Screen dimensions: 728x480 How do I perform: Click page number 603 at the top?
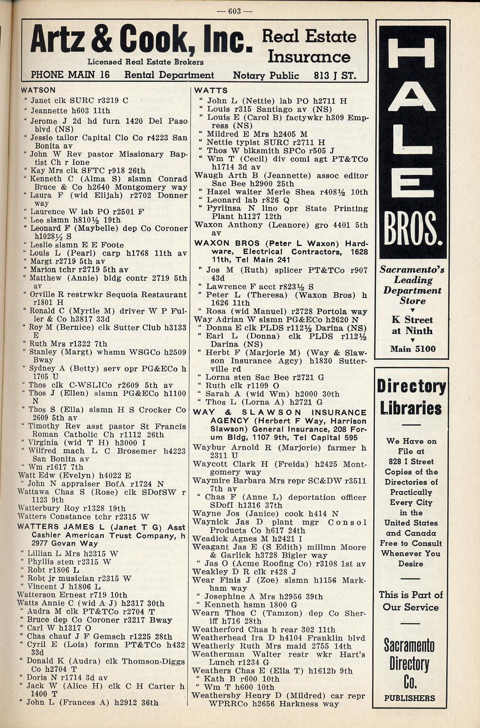pyautogui.click(x=234, y=11)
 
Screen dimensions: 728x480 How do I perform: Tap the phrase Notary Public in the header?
pyautogui.click(x=266, y=76)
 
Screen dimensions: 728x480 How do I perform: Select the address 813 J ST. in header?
pyautogui.click(x=335, y=76)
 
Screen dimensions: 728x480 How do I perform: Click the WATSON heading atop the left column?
pyautogui.click(x=38, y=90)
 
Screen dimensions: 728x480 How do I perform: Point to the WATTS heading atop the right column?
pyautogui.click(x=211, y=90)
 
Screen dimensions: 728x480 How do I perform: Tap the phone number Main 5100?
pyautogui.click(x=412, y=349)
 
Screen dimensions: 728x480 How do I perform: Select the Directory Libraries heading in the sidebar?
pyautogui.click(x=411, y=396)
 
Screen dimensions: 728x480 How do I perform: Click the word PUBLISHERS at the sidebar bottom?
pyautogui.click(x=410, y=698)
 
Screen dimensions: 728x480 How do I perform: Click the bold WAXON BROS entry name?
pyautogui.click(x=220, y=243)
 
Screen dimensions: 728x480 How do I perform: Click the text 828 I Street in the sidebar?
pyautogui.click(x=411, y=461)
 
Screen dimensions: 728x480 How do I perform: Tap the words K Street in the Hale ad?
pyautogui.click(x=412, y=320)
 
